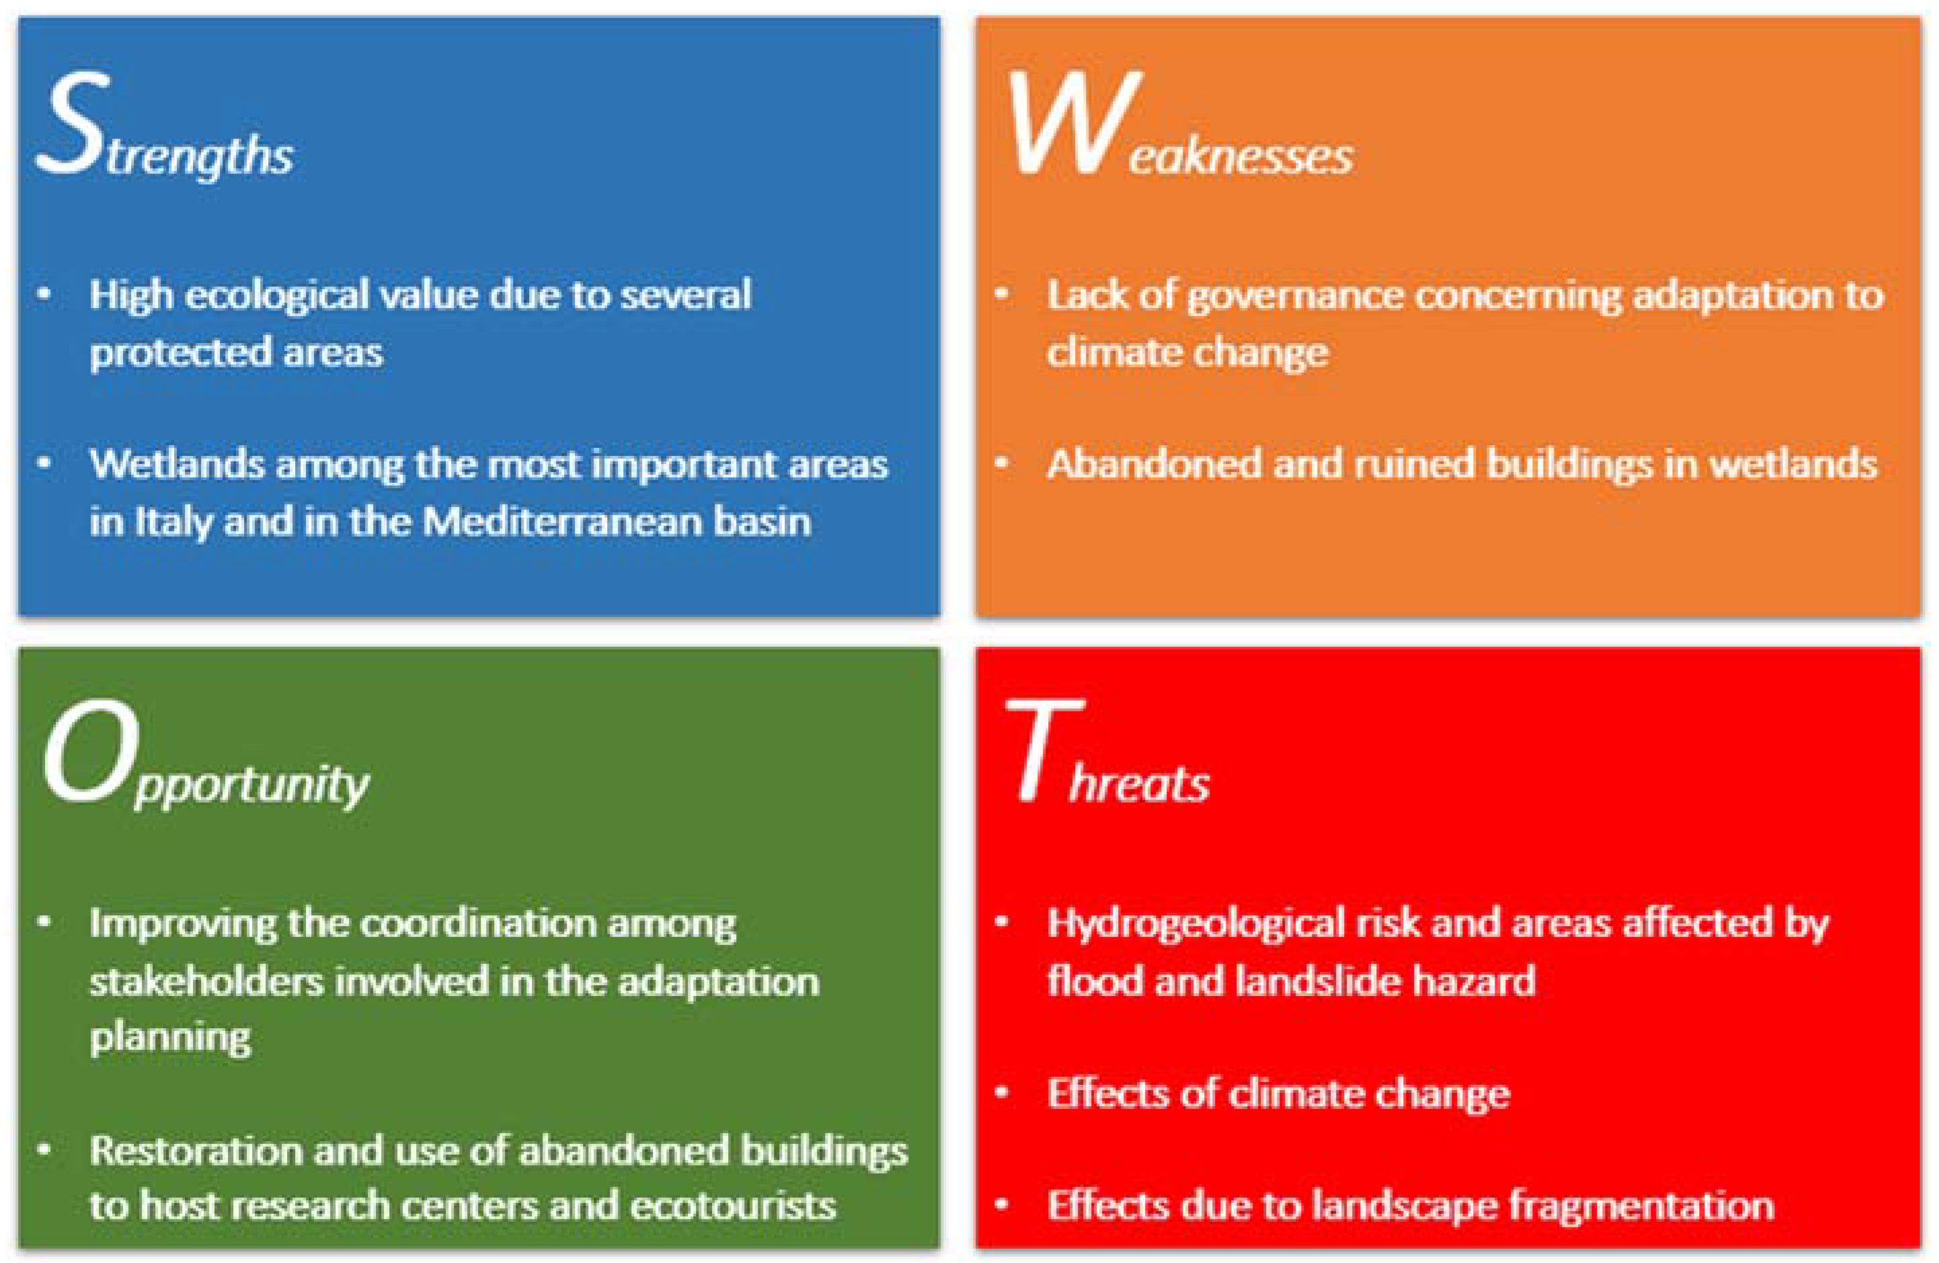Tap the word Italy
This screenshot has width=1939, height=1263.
point(170,521)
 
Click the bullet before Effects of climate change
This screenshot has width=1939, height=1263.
point(1002,1093)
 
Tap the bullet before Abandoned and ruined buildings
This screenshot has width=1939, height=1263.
point(1002,463)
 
